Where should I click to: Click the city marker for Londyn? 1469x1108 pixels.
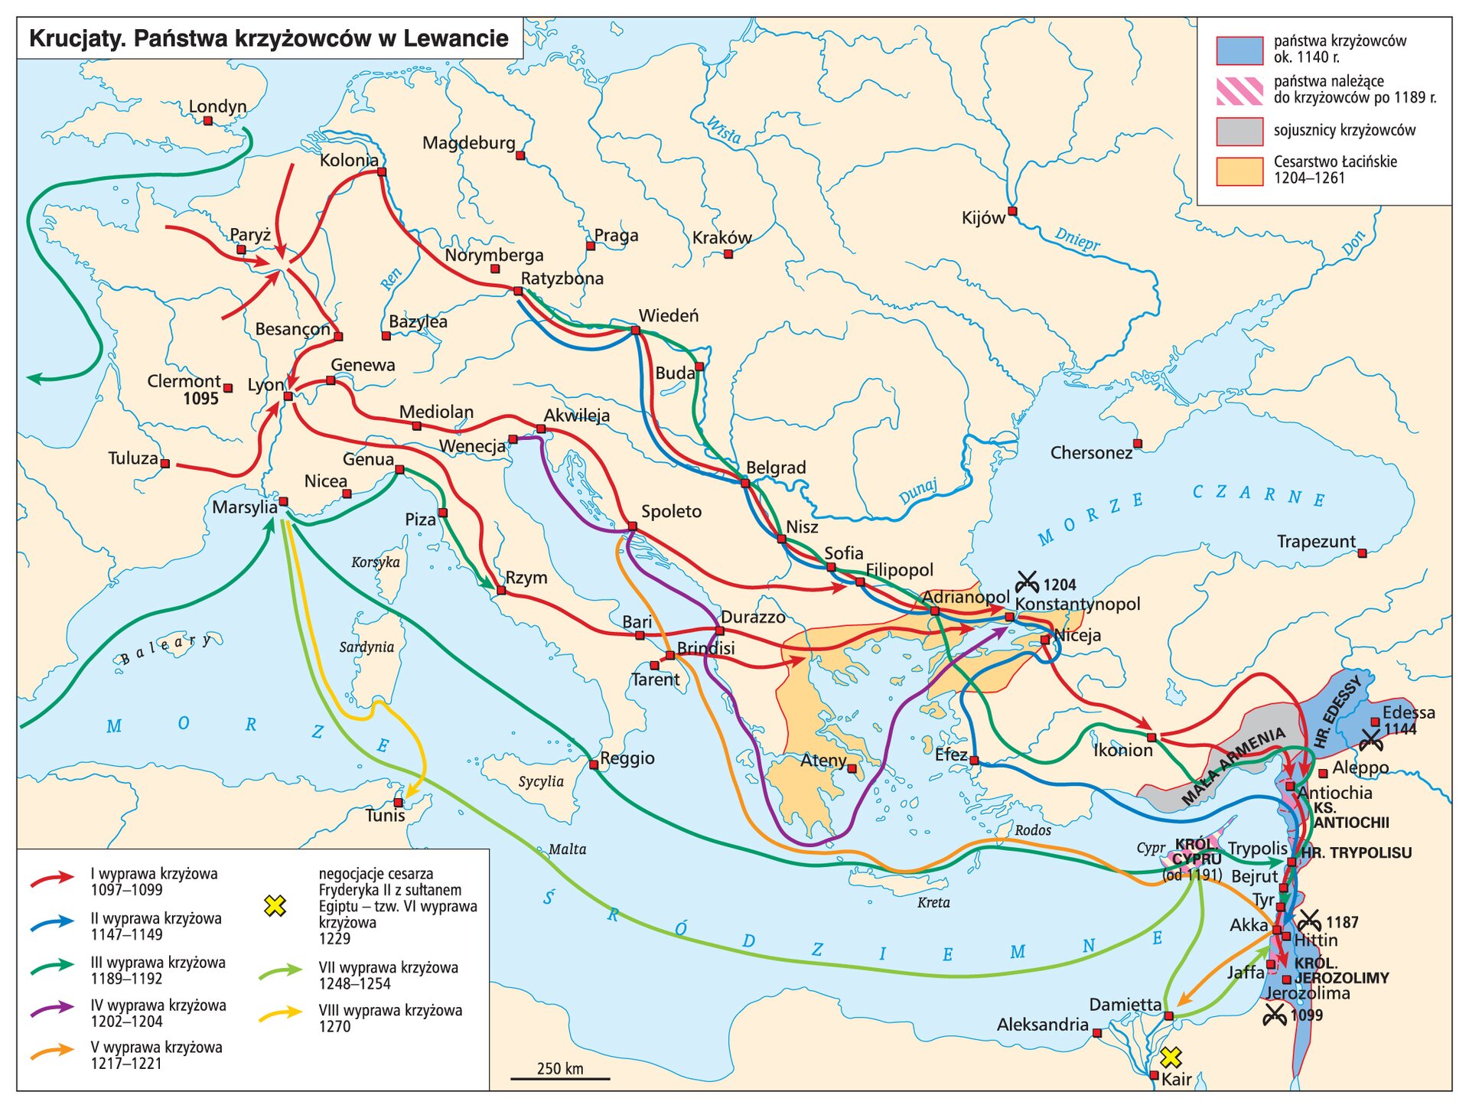pos(208,121)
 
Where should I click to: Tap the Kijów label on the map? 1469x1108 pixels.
pos(983,218)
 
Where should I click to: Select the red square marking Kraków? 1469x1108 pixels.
pos(728,254)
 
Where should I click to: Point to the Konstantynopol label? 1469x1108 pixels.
pos(1077,604)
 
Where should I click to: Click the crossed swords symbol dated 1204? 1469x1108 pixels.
pos(1027,583)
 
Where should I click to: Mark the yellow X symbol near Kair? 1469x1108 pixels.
pos(1170,1057)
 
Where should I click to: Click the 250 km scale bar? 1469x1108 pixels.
pos(560,1078)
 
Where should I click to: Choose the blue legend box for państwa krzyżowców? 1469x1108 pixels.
pos(1239,50)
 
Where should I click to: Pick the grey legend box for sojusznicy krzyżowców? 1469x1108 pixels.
pos(1239,131)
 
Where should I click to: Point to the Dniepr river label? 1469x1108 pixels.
pos(1077,239)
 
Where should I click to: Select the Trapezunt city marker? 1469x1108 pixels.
pos(1362,552)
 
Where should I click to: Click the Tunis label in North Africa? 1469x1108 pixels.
pos(385,816)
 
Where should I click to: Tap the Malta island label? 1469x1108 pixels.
pos(567,849)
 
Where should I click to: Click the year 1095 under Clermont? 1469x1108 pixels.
pos(200,399)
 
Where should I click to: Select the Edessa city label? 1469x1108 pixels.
pos(1409,712)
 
